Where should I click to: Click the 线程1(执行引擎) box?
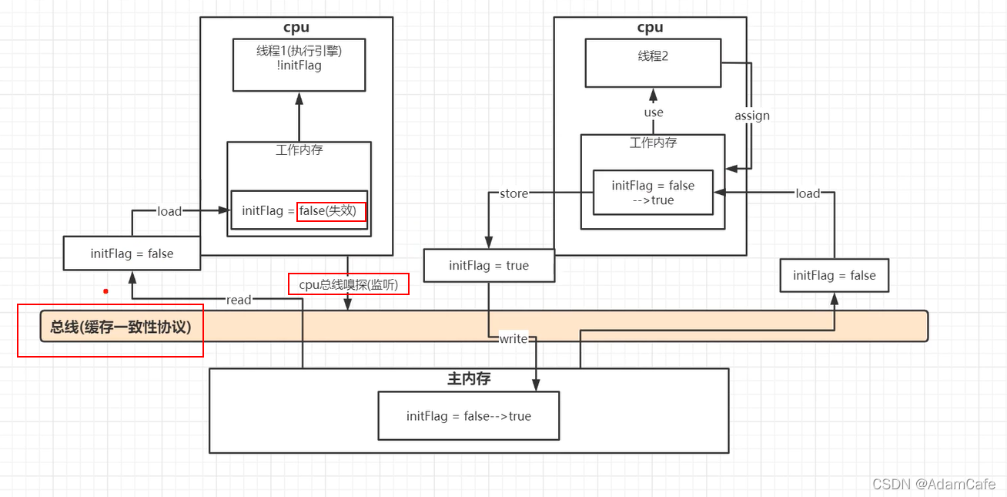click(299, 64)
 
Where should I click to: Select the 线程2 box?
click(653, 63)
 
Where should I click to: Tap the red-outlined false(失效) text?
click(331, 210)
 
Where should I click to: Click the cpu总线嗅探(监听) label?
click(349, 284)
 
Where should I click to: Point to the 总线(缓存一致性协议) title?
click(120, 327)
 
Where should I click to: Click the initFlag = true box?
click(489, 266)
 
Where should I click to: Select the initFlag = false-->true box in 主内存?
click(469, 416)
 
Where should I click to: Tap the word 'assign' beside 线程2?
click(752, 116)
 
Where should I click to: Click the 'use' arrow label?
click(654, 112)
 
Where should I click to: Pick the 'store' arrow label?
click(514, 193)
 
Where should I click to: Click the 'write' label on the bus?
click(514, 339)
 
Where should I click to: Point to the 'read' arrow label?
click(239, 300)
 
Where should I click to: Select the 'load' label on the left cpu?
click(169, 211)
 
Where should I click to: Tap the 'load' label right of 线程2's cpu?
click(808, 193)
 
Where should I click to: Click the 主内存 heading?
click(469, 379)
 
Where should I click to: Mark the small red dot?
click(105, 291)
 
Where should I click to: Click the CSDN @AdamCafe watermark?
click(933, 484)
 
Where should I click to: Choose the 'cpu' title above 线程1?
click(296, 28)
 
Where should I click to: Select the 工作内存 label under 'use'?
click(653, 143)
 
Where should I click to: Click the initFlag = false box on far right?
click(834, 276)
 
